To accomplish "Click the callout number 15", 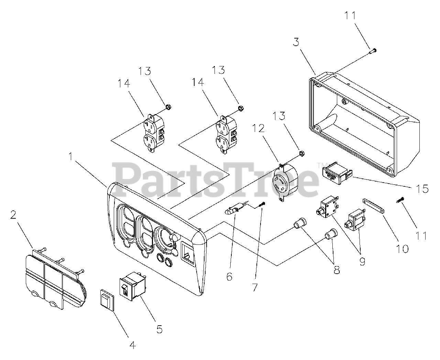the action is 422,188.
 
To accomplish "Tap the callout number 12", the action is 258,128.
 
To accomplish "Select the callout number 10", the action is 402,249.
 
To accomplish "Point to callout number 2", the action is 13,215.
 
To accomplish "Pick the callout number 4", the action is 133,345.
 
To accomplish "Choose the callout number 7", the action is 255,287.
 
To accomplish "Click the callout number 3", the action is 296,42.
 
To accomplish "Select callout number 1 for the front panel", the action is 71,156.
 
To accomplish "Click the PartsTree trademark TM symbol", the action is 320,165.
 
